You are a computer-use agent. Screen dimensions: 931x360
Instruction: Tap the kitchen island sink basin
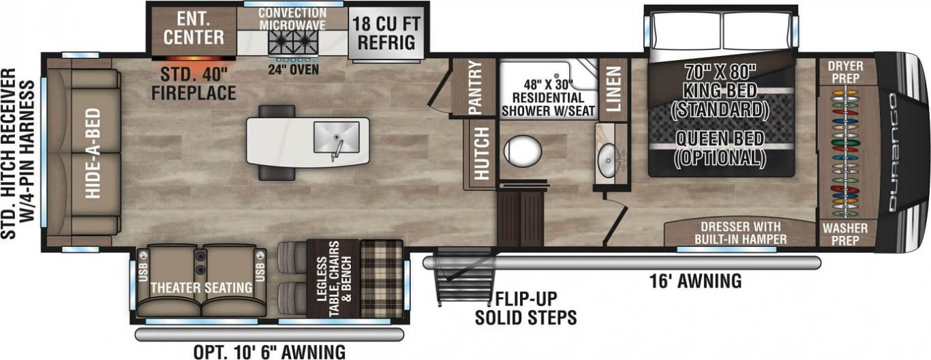click(336, 137)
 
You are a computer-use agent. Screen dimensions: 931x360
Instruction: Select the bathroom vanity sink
click(609, 160)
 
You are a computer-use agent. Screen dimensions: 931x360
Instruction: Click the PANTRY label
click(474, 88)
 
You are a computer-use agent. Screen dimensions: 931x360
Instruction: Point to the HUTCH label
click(482, 153)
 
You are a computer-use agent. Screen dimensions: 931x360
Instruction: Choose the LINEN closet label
click(613, 89)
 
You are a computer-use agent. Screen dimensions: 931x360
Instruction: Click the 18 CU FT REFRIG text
click(386, 33)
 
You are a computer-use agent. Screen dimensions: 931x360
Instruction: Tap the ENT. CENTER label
click(194, 28)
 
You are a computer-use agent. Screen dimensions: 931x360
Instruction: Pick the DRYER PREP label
click(845, 72)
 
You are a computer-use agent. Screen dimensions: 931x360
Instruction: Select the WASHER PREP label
click(845, 234)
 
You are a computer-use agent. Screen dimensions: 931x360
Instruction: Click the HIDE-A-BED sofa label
click(93, 153)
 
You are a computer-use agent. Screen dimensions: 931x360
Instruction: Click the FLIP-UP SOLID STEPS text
click(525, 308)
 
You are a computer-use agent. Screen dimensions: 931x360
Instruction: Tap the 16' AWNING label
click(695, 281)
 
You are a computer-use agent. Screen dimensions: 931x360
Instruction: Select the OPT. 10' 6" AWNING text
click(269, 352)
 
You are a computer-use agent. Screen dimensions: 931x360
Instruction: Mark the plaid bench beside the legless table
click(381, 278)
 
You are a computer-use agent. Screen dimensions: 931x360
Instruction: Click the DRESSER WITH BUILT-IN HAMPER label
click(741, 232)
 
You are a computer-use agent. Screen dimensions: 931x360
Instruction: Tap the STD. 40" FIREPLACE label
click(194, 84)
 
